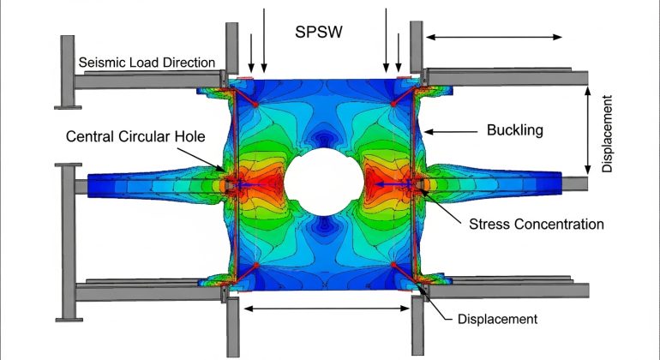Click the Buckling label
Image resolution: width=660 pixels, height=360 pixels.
[511, 131]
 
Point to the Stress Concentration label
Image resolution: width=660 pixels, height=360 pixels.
[537, 225]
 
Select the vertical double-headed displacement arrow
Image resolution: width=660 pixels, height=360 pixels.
[589, 129]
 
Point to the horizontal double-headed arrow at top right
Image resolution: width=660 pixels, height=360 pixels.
[495, 37]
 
